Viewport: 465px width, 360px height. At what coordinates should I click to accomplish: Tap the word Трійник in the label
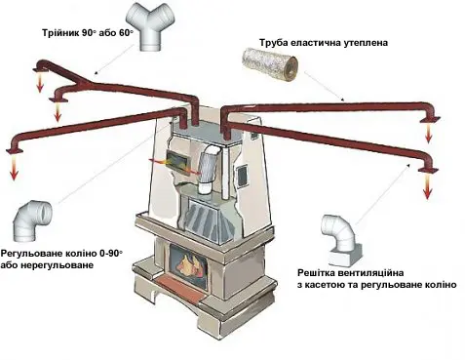tap(60, 33)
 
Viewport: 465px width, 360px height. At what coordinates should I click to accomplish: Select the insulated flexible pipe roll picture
tap(270, 64)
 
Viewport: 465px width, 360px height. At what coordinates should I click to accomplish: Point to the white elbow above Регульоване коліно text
tap(31, 221)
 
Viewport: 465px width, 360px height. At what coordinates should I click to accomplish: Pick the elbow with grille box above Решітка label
tap(341, 239)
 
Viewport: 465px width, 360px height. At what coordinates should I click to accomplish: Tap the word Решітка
tap(316, 272)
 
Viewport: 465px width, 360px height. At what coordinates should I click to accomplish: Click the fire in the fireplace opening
tap(191, 264)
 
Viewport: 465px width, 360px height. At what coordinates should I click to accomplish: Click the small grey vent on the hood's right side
tap(243, 175)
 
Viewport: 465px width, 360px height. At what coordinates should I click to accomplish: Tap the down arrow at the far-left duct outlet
tap(14, 168)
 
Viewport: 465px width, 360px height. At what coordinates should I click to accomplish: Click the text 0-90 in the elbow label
tap(113, 254)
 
